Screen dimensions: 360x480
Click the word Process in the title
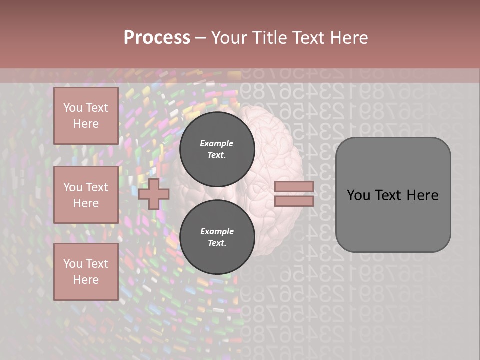tap(157, 38)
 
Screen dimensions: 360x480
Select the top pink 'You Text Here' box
tap(86, 116)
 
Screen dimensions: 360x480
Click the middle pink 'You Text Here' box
tap(86, 195)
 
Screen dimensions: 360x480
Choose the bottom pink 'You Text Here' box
tap(86, 272)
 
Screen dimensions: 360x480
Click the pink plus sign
tap(153, 194)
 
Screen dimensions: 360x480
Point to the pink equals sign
tap(294, 194)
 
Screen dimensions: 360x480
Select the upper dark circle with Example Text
tap(217, 149)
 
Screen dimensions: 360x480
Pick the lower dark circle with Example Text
tap(217, 237)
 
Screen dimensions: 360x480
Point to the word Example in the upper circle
tap(217, 143)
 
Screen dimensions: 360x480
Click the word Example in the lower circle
tap(217, 231)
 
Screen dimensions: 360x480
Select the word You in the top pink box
tap(73, 108)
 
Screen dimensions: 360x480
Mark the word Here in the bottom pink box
tap(86, 280)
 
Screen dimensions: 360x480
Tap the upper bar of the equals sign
tap(294, 186)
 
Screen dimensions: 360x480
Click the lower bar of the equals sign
tap(294, 201)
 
